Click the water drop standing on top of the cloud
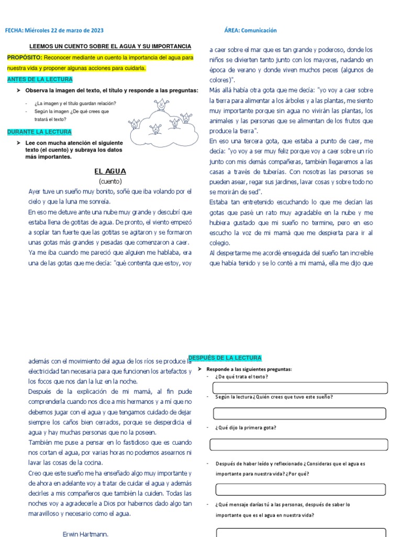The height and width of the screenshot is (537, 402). [162, 104]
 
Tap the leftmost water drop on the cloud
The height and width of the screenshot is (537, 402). [135, 124]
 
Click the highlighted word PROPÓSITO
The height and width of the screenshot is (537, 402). [25, 57]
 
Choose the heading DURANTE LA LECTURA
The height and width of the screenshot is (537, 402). [39, 132]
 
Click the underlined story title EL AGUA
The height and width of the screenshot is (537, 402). [110, 171]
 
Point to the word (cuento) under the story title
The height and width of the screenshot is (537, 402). [110, 181]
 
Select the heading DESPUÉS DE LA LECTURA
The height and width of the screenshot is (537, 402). [225, 358]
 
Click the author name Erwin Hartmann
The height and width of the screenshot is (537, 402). [85, 534]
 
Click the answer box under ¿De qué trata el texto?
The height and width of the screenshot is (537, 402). [299, 388]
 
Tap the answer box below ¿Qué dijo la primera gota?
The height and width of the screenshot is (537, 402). [298, 445]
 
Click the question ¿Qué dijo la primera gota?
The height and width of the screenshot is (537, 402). [245, 427]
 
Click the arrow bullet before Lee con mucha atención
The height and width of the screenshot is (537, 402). [18, 143]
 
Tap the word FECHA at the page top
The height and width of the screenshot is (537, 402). [14, 31]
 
